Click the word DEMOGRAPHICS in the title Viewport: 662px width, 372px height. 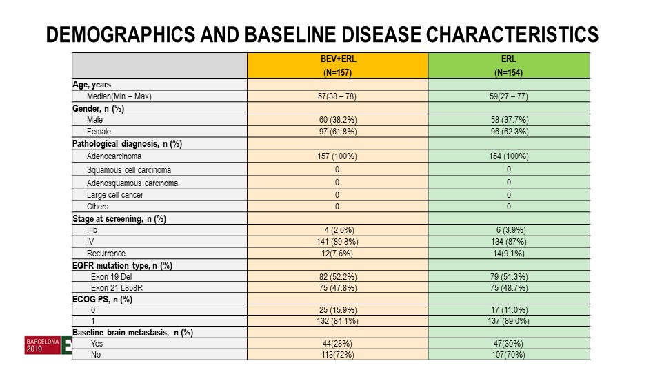coord(120,34)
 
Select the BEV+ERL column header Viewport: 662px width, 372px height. coord(338,65)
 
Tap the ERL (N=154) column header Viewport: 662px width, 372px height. coord(509,65)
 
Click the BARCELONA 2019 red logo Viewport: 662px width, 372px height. coord(43,345)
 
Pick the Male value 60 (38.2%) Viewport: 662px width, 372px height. coord(338,120)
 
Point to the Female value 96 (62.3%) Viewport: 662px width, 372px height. coord(509,132)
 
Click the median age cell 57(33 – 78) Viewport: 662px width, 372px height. coord(337,96)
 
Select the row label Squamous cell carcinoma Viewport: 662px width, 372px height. coord(129,170)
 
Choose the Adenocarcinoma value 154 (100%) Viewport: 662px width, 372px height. coord(509,156)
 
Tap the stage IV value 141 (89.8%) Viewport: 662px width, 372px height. coord(337,242)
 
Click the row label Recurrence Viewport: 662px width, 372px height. coord(106,254)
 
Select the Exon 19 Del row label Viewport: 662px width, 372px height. coord(112,277)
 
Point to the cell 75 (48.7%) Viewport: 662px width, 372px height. coord(509,288)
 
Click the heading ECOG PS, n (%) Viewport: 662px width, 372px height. coord(102,300)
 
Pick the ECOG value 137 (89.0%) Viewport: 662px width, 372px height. coord(508,321)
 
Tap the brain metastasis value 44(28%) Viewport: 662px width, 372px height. coord(337,344)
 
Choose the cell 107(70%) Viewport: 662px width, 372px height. coord(508,355)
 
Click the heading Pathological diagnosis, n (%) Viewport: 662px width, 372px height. coord(127,144)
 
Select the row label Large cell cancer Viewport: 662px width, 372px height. coord(115,195)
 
